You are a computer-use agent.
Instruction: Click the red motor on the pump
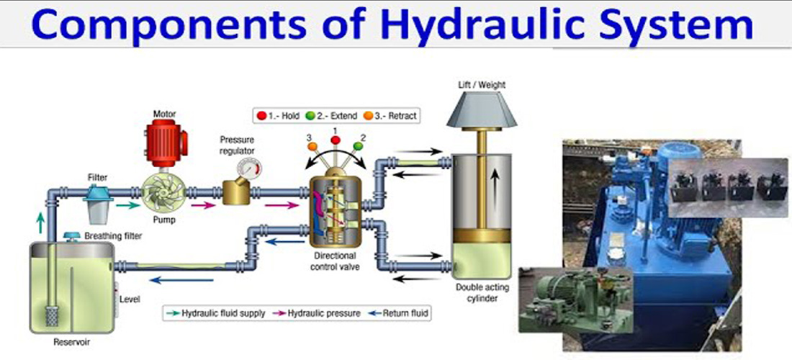click(x=165, y=140)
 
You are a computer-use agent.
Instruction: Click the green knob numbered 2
click(x=359, y=147)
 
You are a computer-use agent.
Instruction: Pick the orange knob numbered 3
click(x=312, y=147)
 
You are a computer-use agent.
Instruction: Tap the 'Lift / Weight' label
click(x=482, y=85)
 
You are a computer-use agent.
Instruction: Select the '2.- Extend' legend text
click(x=331, y=115)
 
